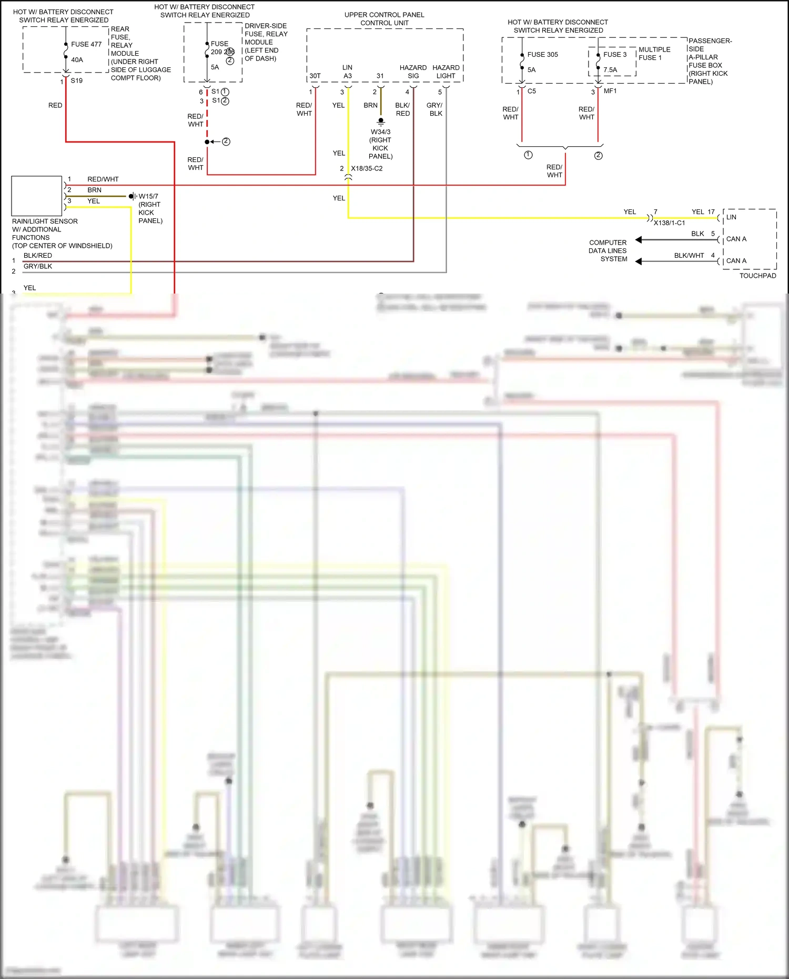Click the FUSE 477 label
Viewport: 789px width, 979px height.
pos(86,44)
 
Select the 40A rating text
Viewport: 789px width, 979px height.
pos(77,60)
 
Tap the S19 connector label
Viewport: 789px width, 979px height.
pos(76,80)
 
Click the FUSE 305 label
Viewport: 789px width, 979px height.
pos(542,55)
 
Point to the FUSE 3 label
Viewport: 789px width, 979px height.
pos(614,55)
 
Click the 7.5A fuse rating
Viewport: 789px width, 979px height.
pos(610,70)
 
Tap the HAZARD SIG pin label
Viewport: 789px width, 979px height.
pos(413,72)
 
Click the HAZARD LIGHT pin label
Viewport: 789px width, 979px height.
pos(446,72)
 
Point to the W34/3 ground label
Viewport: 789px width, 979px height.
pos(380,132)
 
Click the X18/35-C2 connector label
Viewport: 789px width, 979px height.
pos(367,168)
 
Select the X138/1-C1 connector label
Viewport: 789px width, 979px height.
pos(669,223)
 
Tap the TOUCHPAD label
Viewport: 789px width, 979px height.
pos(757,276)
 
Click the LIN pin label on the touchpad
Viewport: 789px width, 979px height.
pos(731,217)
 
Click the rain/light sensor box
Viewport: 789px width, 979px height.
pos(37,196)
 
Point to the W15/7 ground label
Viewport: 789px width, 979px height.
pos(148,196)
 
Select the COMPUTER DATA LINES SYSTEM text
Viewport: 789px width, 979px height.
pos(608,251)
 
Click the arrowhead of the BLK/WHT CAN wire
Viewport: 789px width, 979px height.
pos(638,261)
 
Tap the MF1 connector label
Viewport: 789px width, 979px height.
pos(610,91)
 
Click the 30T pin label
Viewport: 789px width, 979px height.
pos(315,76)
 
